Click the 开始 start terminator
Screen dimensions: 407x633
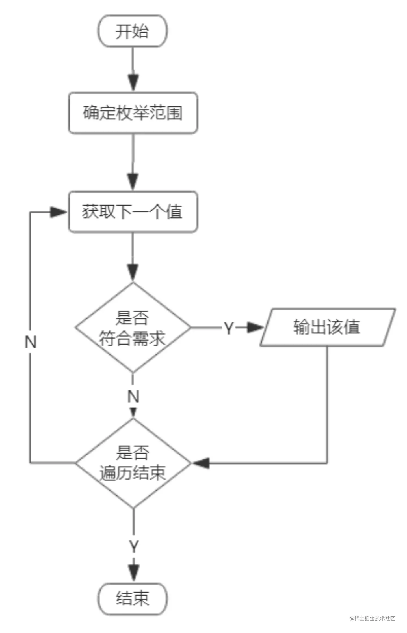(x=133, y=31)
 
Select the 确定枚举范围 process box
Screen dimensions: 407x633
(x=133, y=113)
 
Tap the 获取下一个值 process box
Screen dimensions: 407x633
(x=133, y=212)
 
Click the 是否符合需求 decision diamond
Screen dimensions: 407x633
(x=133, y=328)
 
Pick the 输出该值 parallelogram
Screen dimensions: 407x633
(x=328, y=327)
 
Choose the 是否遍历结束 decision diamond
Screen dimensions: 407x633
(x=133, y=463)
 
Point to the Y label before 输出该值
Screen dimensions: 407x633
(x=229, y=328)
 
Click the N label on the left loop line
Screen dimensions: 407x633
(x=31, y=342)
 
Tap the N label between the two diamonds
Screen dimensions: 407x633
(x=133, y=396)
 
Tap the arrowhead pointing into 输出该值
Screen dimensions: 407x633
(x=255, y=328)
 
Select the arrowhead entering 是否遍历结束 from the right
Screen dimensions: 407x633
(x=201, y=463)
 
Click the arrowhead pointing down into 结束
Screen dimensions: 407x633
(x=133, y=573)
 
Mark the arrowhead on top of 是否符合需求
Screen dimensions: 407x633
(x=133, y=272)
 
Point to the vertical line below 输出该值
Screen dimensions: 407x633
(x=327, y=405)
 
